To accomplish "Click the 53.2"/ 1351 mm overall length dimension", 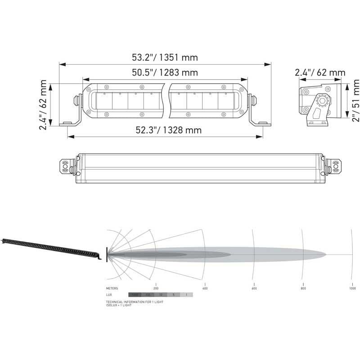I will click(165, 58).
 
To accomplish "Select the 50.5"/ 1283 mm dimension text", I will click(165, 72).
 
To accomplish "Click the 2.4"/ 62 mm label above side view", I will click(320, 72).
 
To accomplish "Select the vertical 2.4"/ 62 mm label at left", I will click(43, 105).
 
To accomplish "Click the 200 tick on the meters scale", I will click(156, 288).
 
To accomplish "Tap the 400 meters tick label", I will click(205, 288).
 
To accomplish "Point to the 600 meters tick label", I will click(254, 288).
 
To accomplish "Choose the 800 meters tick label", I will click(303, 288).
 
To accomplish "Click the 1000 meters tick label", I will click(352, 288).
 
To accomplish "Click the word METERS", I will click(112, 288).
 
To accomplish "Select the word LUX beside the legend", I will click(109, 294).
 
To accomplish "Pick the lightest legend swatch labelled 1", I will click(186, 294).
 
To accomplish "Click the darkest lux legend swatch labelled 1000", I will click(135, 294).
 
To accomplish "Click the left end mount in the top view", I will click(66, 166).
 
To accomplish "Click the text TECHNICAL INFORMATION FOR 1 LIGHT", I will click(135, 301).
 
